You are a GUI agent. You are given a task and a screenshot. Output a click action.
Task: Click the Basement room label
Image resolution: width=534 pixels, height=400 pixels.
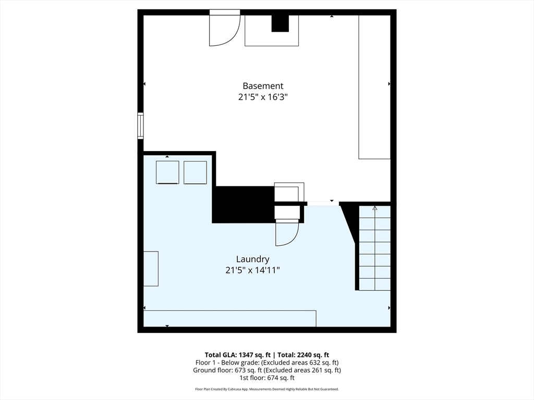pyautogui.click(x=263, y=86)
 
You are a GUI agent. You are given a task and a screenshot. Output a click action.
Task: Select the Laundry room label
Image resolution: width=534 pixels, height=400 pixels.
pyautogui.click(x=253, y=259)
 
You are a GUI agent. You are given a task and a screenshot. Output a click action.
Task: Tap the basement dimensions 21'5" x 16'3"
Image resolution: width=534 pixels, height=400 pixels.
pyautogui.click(x=263, y=97)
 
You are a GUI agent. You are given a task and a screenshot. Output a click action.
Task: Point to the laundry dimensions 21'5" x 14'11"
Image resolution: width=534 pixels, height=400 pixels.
pyautogui.click(x=253, y=270)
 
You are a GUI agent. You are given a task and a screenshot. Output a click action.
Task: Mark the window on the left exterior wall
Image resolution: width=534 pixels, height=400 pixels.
pyautogui.click(x=140, y=126)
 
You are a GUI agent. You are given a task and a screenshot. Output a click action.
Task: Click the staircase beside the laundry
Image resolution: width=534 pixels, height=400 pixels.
pyautogui.click(x=374, y=248)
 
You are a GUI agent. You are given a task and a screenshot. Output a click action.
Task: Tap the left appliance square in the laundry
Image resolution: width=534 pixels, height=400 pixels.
pyautogui.click(x=167, y=172)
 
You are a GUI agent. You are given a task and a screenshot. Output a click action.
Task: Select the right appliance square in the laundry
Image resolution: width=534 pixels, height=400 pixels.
pyautogui.click(x=195, y=172)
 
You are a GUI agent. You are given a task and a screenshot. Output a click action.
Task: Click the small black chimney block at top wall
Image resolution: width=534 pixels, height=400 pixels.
pyautogui.click(x=280, y=23)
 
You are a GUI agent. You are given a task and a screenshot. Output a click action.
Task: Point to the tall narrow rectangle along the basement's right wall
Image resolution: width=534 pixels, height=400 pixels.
pyautogui.click(x=374, y=87)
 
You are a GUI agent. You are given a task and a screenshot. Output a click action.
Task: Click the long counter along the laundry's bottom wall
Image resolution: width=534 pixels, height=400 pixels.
pyautogui.click(x=230, y=318)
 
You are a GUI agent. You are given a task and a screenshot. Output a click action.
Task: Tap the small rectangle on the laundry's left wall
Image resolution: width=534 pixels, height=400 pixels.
pyautogui.click(x=151, y=269)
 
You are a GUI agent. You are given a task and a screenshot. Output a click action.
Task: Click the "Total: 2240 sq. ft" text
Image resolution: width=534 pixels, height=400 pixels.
pyautogui.click(x=304, y=355)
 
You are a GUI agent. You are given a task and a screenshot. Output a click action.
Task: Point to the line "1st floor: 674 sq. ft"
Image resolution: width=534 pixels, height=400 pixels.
pyautogui.click(x=267, y=378)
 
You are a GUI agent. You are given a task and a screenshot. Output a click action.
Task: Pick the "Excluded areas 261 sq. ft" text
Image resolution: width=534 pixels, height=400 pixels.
pyautogui.click(x=302, y=370)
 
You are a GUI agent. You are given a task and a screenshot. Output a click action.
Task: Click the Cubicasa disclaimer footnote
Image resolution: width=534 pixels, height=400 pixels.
pyautogui.click(x=267, y=389)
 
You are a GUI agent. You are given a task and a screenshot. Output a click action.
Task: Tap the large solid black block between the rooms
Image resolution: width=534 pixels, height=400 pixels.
pyautogui.click(x=244, y=204)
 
